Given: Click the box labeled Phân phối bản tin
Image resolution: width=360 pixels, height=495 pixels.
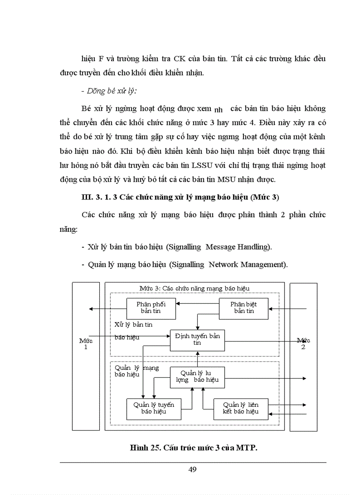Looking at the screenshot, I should coord(151,308).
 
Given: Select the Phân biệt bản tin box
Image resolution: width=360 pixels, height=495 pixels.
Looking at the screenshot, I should coord(244,308).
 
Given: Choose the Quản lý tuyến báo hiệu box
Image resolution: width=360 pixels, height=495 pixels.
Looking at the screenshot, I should coord(154,409).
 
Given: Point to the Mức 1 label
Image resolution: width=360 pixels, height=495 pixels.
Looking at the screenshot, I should coord(86,343).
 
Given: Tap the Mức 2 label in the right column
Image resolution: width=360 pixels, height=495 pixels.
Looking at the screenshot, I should coord(303,343).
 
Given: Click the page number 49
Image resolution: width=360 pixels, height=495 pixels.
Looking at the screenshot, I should coord(192,469).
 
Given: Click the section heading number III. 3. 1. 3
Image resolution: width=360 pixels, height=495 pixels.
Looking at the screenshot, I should coord(99,197).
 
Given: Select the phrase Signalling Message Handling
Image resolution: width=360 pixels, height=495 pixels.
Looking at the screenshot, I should coord(218,247).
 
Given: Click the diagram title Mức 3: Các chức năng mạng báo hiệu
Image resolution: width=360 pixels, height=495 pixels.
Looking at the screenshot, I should coord(195,288).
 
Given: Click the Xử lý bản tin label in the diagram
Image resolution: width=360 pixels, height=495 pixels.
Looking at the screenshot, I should coord(134,324).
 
